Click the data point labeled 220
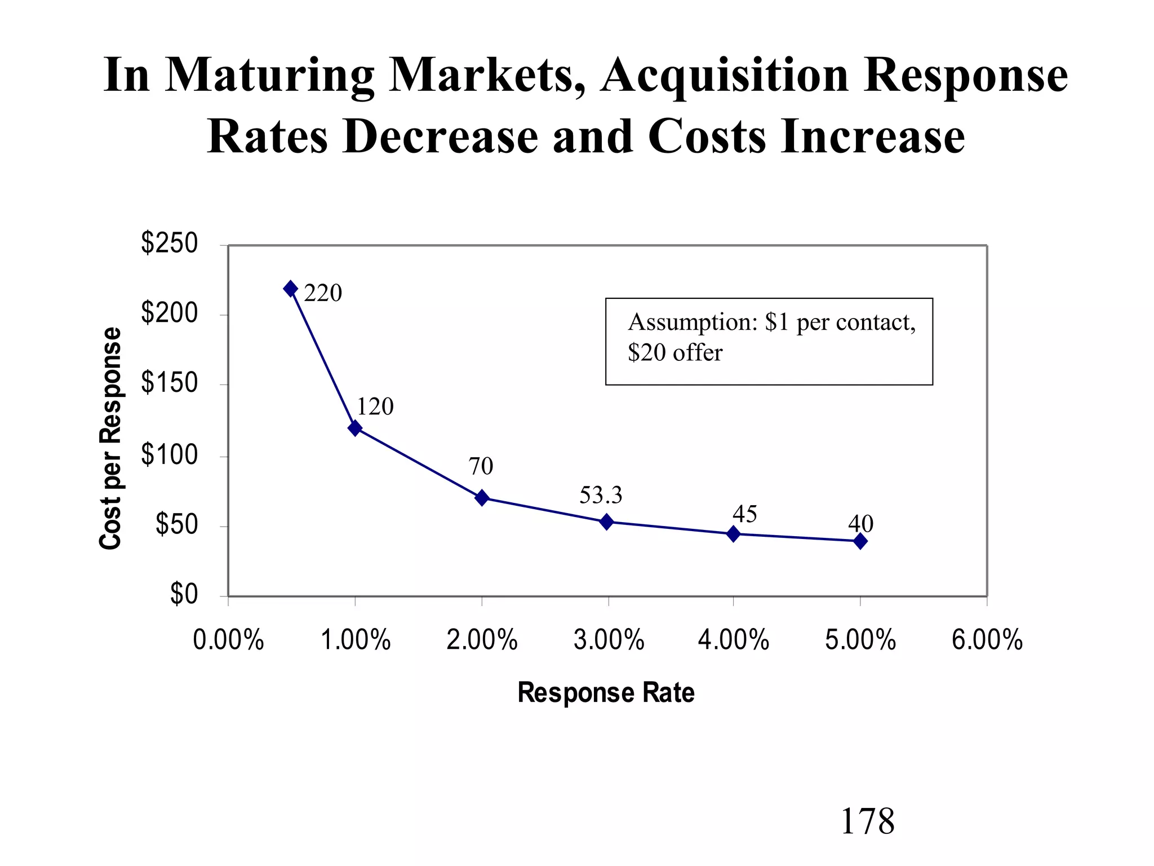[291, 289]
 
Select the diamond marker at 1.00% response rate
[355, 428]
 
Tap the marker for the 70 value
[482, 498]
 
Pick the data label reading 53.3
[601, 496]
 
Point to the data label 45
[744, 514]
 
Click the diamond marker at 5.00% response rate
[860, 541]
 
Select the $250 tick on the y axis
[169, 244]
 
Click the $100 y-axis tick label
[169, 455]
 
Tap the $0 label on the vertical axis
[184, 594]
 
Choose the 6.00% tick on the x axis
[987, 640]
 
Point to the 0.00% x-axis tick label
[228, 640]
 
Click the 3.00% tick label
[609, 640]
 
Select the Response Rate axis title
[606, 692]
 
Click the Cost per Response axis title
[110, 438]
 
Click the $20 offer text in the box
[675, 353]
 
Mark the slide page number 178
[867, 821]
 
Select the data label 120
[375, 407]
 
